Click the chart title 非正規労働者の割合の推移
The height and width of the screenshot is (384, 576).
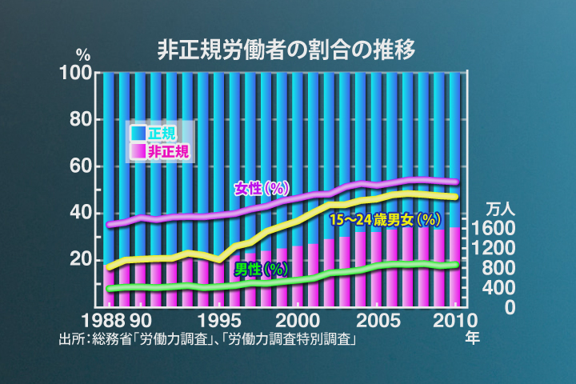pos(286,50)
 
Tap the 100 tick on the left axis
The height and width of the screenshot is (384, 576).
pos(77,74)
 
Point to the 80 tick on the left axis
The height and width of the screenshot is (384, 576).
pos(80,120)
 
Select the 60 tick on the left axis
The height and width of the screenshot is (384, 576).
pos(80,166)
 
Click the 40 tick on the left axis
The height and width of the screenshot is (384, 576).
pos(80,213)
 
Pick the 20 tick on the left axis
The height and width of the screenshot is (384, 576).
pos(80,259)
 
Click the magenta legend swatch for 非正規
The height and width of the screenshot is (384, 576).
pos(138,150)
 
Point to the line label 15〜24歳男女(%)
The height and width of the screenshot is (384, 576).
pos(386,219)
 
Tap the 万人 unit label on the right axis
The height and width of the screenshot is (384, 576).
pos(502,209)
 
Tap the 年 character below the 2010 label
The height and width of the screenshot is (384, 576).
pos(473,338)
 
